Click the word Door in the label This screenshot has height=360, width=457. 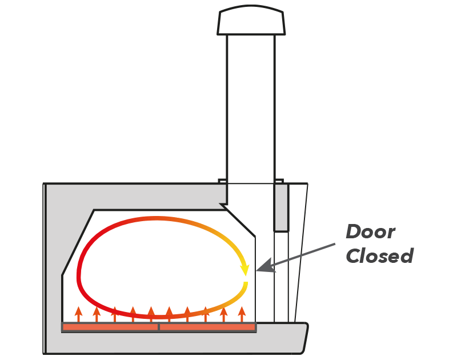tap(370, 232)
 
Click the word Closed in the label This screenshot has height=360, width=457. tap(379, 255)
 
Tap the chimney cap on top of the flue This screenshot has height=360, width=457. tap(251, 22)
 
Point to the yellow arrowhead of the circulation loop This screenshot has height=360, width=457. tap(245, 268)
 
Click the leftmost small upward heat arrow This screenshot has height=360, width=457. tap(78, 314)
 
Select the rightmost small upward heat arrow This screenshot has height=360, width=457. tap(242, 314)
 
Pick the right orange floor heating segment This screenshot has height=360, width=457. tap(207, 327)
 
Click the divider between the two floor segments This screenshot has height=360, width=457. tap(158, 327)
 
